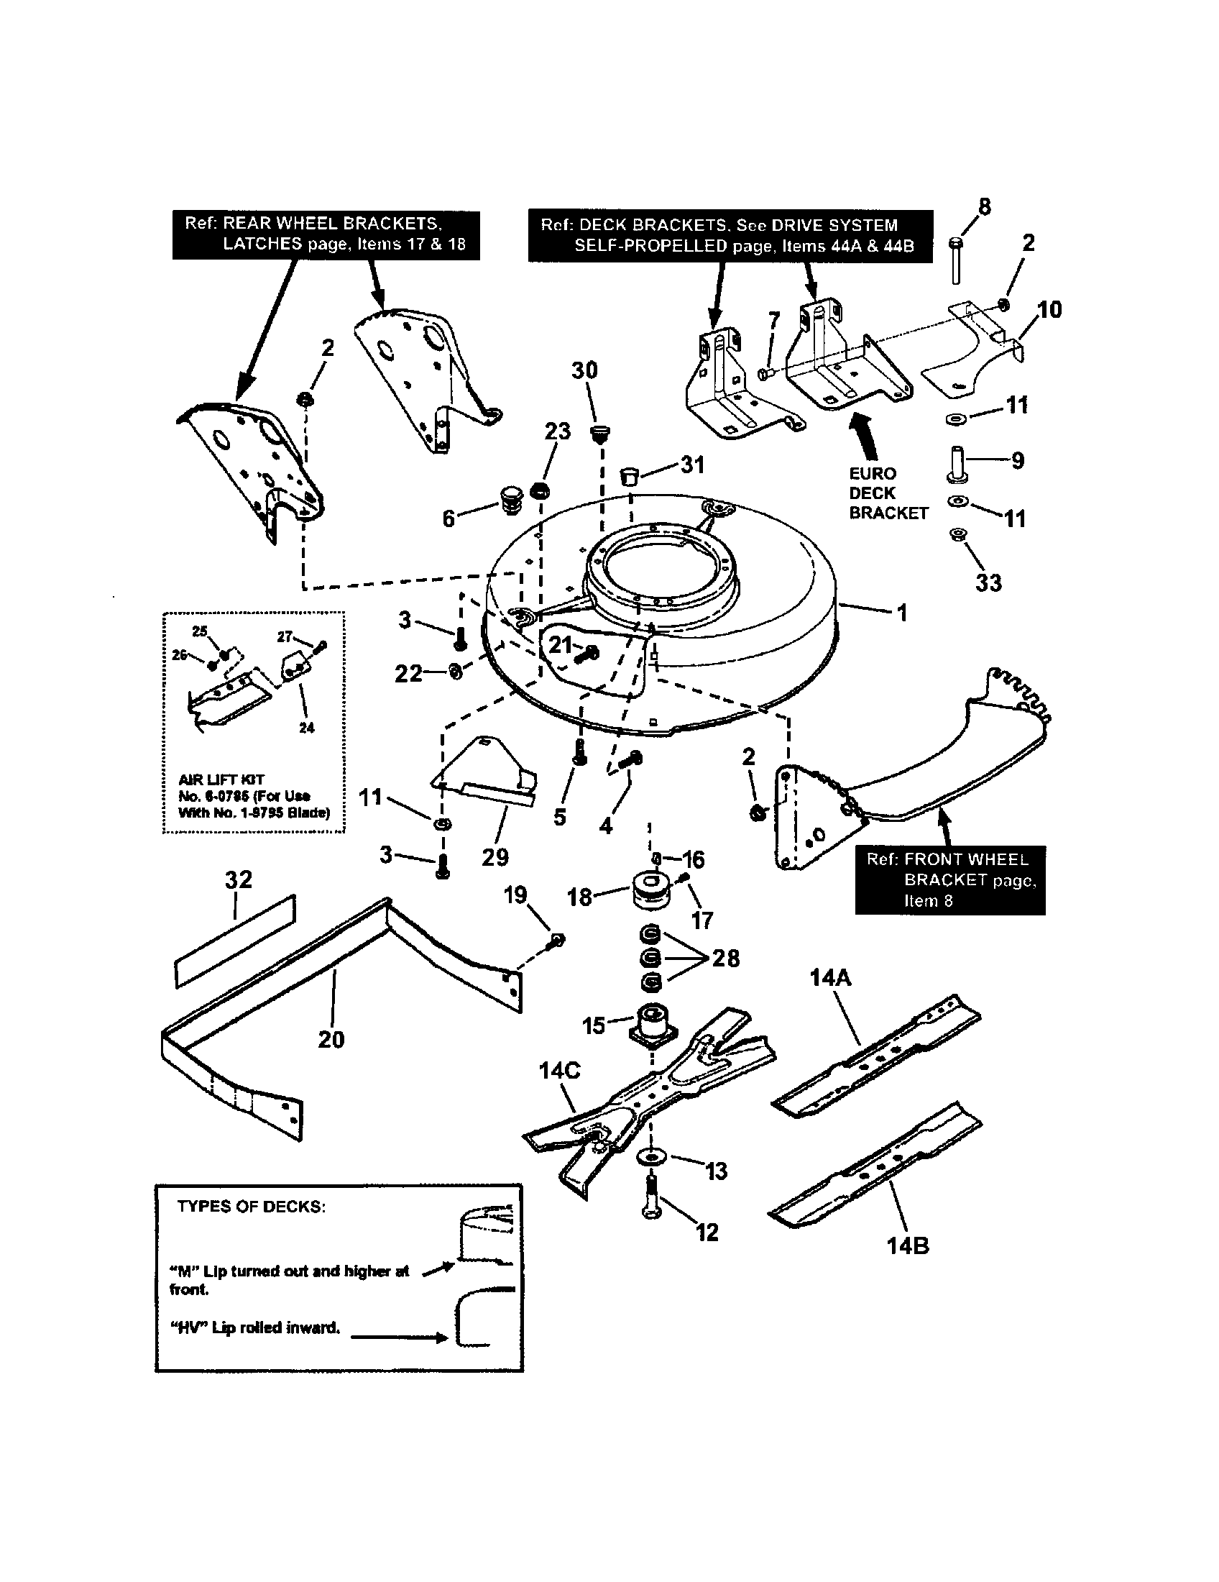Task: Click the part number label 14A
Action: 830,979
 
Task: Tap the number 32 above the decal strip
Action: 238,879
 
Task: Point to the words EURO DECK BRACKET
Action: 888,493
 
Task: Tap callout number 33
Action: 988,583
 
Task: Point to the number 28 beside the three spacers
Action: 725,959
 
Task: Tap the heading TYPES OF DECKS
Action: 251,1207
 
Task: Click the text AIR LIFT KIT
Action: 221,780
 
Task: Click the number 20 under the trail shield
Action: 331,1040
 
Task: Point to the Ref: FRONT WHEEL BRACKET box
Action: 949,880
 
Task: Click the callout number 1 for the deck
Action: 901,613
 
